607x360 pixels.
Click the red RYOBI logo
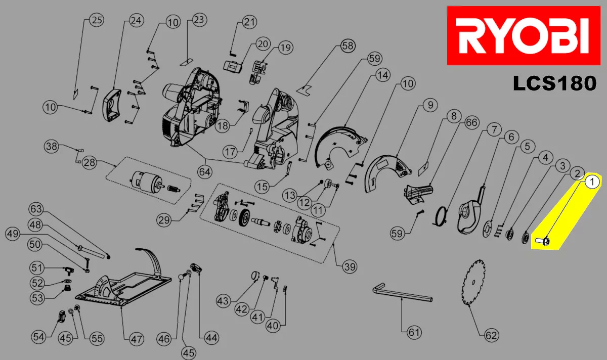point(522,35)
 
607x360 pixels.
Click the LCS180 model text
point(554,83)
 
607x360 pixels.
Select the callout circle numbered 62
point(491,335)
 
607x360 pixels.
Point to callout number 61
point(414,332)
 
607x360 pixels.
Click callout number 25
point(96,20)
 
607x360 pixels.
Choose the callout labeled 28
point(90,163)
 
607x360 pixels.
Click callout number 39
point(349,266)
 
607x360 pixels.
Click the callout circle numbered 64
point(204,171)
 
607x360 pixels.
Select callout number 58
point(348,46)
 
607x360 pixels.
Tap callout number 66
point(471,123)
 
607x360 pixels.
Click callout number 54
point(38,335)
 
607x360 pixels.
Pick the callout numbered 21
point(249,22)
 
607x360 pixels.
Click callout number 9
point(430,106)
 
